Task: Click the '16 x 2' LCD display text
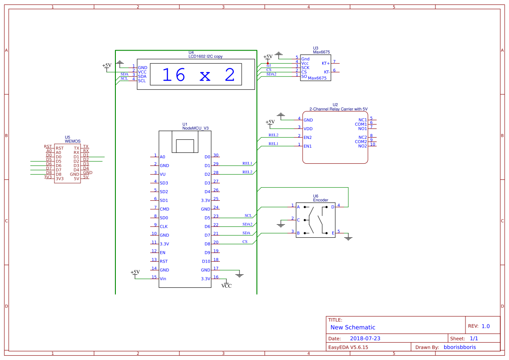click(x=198, y=75)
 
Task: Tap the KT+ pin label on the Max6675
click(x=326, y=63)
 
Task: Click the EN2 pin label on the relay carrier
click(x=307, y=138)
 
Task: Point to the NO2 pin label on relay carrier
click(x=362, y=146)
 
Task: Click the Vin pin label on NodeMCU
click(x=163, y=279)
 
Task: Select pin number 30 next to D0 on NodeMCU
click(x=216, y=155)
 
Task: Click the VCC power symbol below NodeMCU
click(x=226, y=286)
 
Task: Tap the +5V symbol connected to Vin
click(x=135, y=272)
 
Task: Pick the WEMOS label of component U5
click(x=73, y=141)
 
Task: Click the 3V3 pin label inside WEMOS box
click(x=60, y=178)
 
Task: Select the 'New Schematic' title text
click(x=353, y=327)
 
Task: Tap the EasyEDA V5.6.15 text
click(x=348, y=347)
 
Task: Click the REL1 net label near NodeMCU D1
click(x=247, y=163)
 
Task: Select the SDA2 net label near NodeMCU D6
click(x=247, y=224)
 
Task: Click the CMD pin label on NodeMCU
click(x=165, y=209)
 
